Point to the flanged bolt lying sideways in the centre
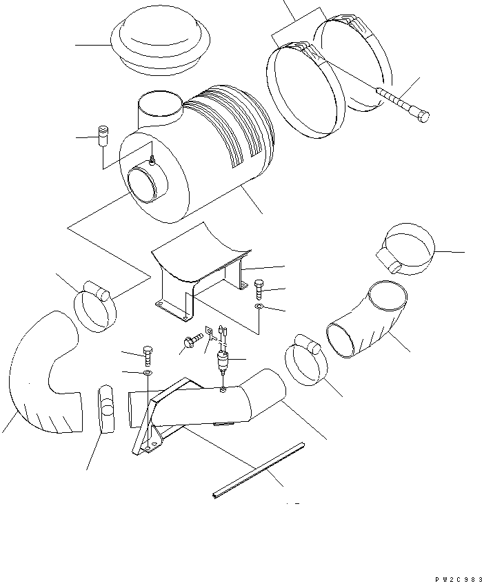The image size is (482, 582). (192, 340)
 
